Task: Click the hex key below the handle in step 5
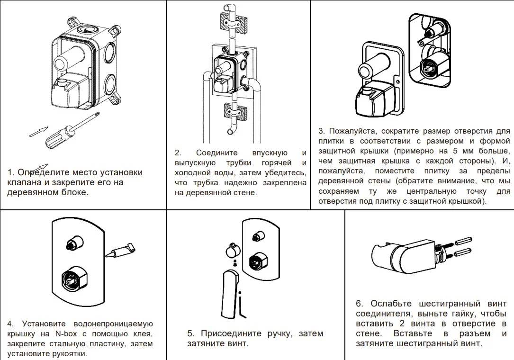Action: pyautogui.click(x=241, y=306)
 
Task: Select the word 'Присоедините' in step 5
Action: pyautogui.click(x=231, y=333)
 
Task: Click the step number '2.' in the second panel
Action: pyautogui.click(x=178, y=153)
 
